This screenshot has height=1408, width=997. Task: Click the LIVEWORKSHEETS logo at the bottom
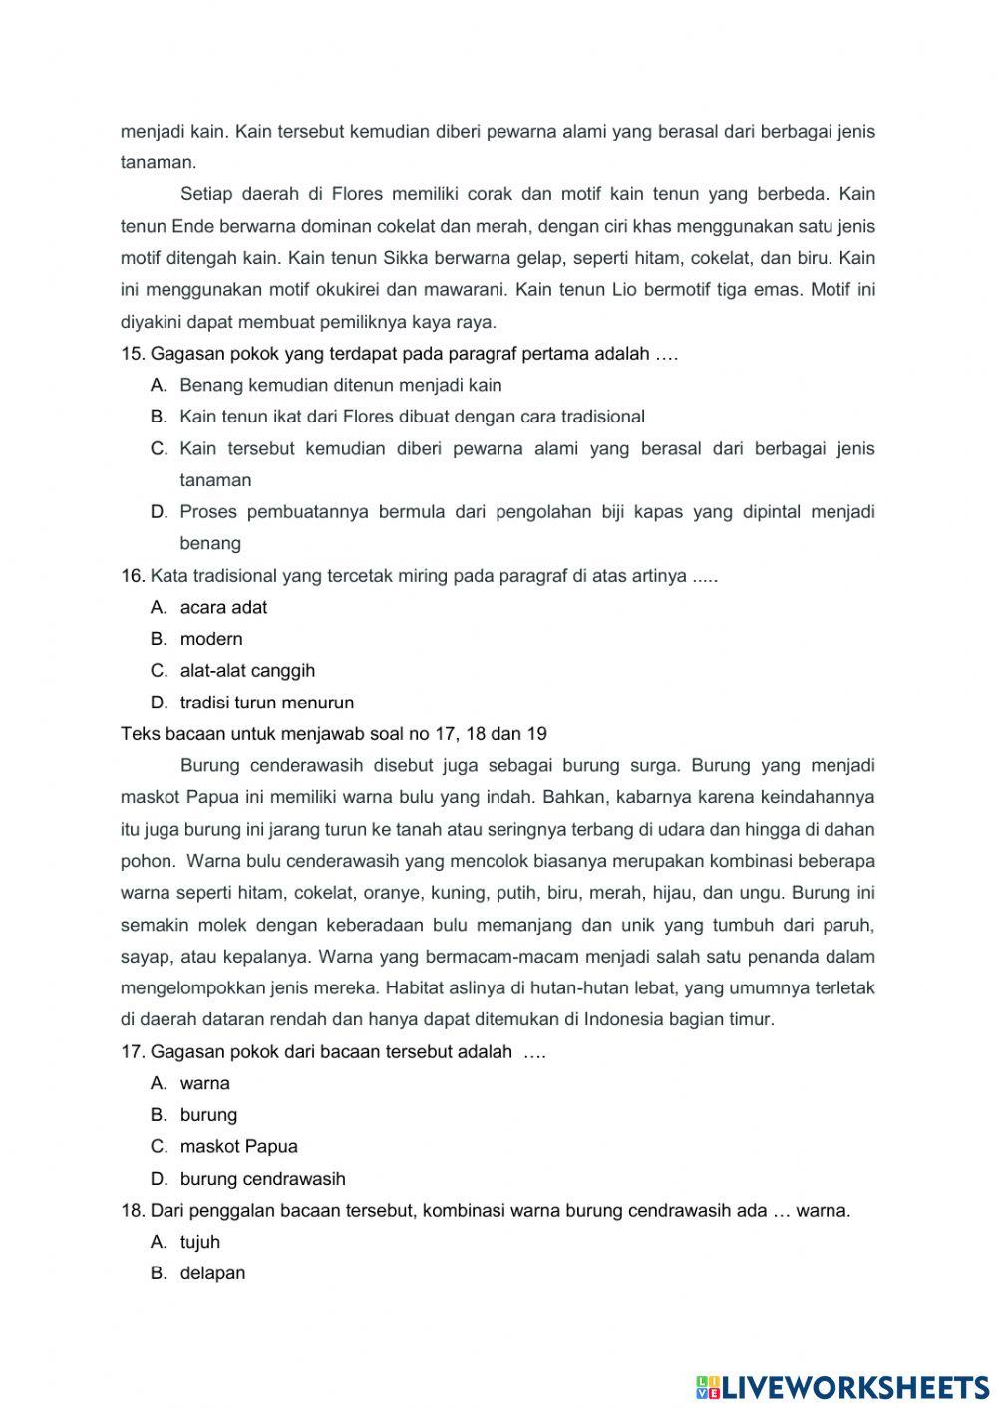coord(842,1386)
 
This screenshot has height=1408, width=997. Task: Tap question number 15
coord(133,354)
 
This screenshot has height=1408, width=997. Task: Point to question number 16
coord(133,576)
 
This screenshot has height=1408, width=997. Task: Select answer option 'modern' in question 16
coord(211,639)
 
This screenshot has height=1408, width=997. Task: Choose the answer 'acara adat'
coord(223,607)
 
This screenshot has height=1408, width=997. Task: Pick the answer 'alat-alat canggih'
coord(247,671)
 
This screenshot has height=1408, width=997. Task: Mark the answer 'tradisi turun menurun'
coord(266,703)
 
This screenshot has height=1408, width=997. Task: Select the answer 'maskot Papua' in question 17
coord(238,1147)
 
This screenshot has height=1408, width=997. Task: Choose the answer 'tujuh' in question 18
coord(200,1242)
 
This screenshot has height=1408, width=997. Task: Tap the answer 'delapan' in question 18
coord(212,1273)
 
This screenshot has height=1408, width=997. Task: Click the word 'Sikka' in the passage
coord(405,259)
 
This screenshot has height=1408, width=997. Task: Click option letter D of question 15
coord(158,512)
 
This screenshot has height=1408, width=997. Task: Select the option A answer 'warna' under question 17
coord(204,1083)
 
